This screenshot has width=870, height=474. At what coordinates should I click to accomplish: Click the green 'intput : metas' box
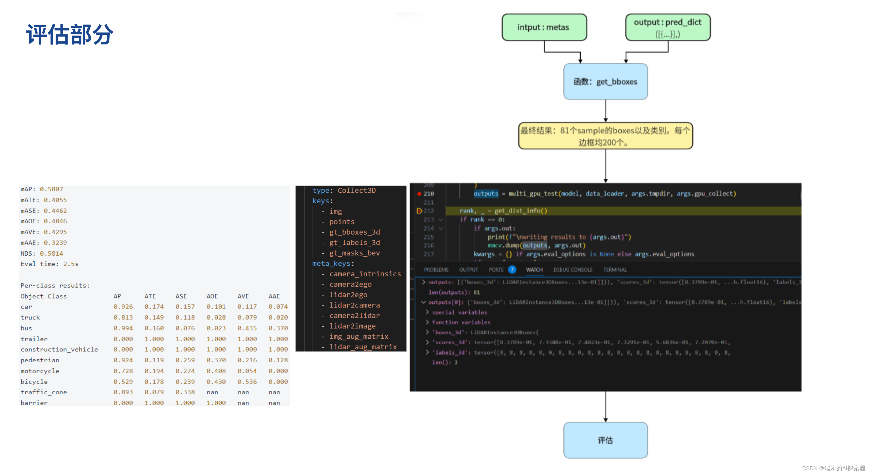(x=544, y=27)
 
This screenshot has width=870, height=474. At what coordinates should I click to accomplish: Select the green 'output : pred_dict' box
(x=668, y=27)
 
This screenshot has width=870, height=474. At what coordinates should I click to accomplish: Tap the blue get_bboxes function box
(x=605, y=82)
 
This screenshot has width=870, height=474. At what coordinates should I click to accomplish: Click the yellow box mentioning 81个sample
(x=605, y=136)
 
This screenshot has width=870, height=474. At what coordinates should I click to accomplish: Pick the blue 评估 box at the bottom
(x=605, y=440)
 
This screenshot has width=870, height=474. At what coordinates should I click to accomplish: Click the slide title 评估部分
(x=70, y=34)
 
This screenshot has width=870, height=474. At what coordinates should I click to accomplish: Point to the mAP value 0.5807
(x=51, y=189)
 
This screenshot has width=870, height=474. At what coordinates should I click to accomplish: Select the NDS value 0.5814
(x=51, y=253)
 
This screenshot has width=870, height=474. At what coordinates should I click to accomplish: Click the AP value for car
(x=123, y=307)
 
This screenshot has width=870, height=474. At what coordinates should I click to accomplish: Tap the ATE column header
(x=150, y=296)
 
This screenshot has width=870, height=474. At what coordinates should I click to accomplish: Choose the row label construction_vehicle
(x=59, y=350)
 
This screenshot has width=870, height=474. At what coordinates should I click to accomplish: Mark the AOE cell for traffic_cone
(x=212, y=392)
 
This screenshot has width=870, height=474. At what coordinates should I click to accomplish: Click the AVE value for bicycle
(x=247, y=382)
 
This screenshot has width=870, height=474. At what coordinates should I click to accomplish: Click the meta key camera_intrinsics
(x=365, y=274)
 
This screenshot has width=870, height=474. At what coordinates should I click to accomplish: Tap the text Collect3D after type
(x=357, y=190)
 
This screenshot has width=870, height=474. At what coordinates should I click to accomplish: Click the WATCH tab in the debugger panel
(x=534, y=270)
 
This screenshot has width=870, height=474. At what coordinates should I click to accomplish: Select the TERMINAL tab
(x=615, y=270)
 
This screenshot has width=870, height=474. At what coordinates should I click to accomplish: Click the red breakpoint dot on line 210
(x=419, y=194)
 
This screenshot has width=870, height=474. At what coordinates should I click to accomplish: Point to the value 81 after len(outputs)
(x=476, y=292)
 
